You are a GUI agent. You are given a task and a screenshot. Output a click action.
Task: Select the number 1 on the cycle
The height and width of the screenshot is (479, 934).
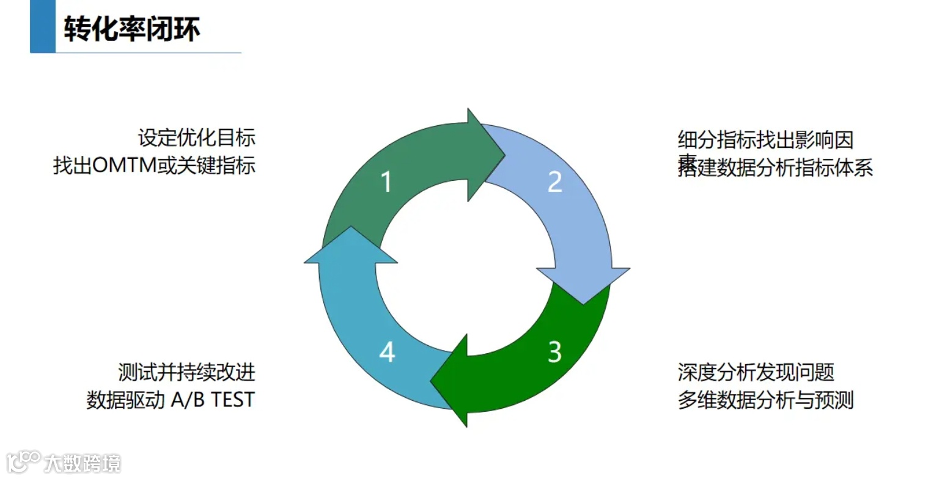(x=386, y=181)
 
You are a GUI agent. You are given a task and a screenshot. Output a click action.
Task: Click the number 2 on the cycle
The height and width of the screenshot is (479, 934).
(x=554, y=181)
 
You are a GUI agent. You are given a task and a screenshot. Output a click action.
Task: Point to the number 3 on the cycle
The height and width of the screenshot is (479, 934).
(x=554, y=352)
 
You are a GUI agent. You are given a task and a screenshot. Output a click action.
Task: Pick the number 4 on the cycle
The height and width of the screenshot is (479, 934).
(x=387, y=353)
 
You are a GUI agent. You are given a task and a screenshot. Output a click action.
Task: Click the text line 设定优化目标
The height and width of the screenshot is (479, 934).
(x=196, y=137)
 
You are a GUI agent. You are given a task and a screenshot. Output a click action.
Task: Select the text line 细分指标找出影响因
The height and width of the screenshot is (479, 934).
(x=765, y=141)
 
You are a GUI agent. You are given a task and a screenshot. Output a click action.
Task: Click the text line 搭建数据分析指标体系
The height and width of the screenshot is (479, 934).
(x=775, y=167)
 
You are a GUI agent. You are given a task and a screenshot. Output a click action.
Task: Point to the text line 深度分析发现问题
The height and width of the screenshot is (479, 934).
(x=756, y=371)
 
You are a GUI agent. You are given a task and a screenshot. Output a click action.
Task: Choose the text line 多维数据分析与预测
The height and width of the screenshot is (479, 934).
(x=765, y=400)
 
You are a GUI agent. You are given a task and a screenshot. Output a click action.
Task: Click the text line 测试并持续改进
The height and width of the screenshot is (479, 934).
(x=186, y=371)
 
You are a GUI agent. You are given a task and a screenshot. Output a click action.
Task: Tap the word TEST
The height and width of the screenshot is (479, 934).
(x=232, y=400)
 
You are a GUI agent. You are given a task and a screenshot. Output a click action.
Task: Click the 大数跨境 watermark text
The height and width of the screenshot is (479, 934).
(x=83, y=463)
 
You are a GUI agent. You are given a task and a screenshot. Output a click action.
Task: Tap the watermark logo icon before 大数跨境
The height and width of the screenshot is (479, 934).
(x=23, y=461)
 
